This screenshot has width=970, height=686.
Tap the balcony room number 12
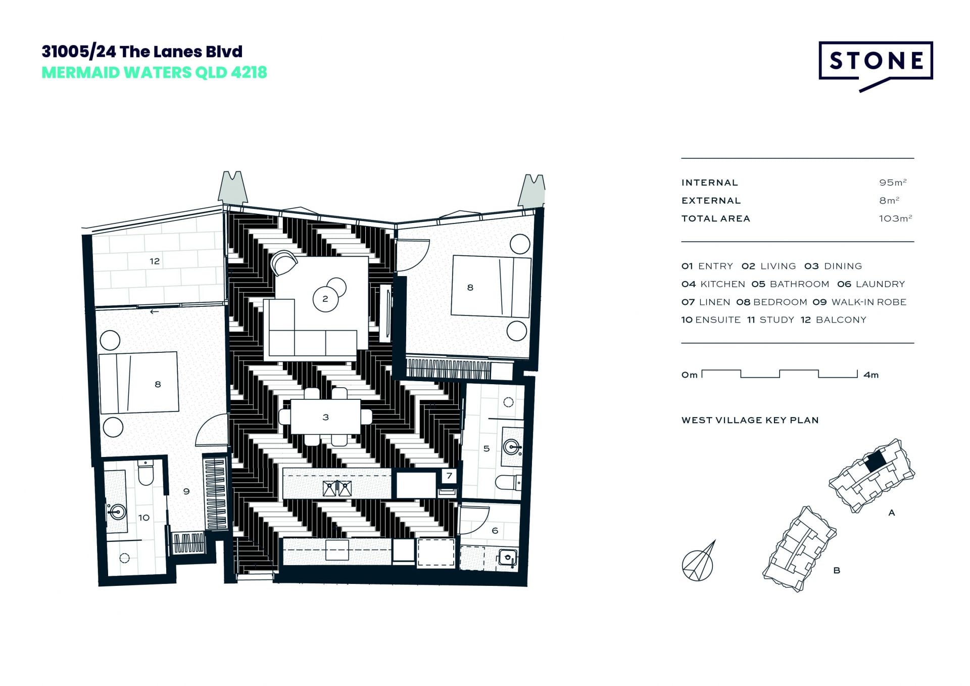155,261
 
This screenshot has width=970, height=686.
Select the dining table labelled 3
325,417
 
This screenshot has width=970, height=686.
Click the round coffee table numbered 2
325,299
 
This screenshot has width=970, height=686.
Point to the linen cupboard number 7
449,476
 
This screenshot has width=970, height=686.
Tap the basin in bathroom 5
512,446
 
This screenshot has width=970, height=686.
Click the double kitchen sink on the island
337,488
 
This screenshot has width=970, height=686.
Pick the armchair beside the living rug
283,263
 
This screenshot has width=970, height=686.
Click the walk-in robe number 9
186,491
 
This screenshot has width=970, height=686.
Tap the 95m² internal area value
893,182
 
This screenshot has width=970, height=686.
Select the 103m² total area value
895,218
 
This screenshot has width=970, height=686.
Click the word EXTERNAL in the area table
711,201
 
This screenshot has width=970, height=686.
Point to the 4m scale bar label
871,375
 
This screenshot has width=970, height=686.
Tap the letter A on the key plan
892,513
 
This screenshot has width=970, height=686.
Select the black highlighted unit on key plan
875,461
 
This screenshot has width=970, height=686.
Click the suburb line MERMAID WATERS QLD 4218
154,73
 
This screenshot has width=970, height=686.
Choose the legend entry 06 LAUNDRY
871,284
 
